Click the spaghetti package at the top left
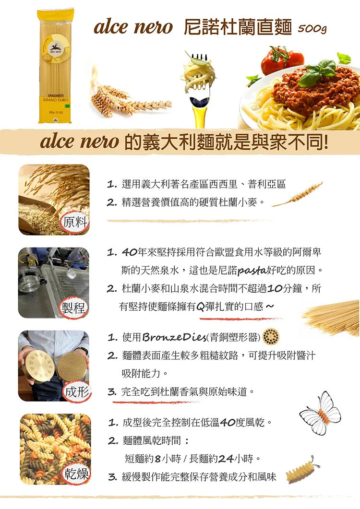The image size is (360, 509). pos(55,67)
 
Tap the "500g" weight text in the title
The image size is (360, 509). pos(312,29)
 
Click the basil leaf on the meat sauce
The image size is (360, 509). pos(317,73)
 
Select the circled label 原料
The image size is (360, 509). pos(75,223)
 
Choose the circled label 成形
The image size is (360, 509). pos(77,392)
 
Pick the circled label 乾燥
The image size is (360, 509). pos(76,474)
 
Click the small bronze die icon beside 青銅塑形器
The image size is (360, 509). pos(271,337)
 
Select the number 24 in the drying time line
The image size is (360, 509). pos(226,459)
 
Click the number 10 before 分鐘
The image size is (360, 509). pos(275,288)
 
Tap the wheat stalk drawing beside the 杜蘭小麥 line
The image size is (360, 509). pos(297,194)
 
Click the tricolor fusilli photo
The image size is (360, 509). pos(55,449)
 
